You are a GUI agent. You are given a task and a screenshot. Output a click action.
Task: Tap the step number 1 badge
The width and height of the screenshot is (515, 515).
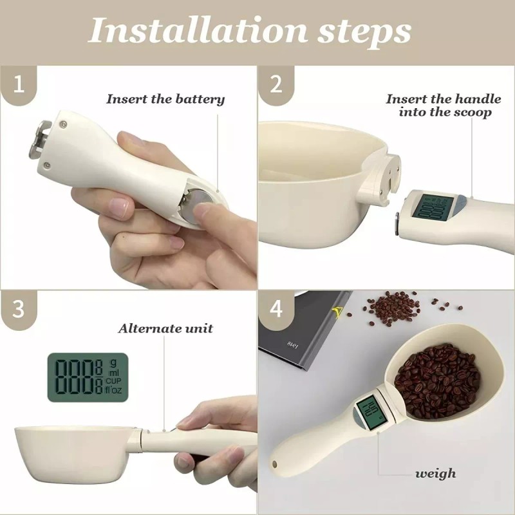click(x=19, y=84)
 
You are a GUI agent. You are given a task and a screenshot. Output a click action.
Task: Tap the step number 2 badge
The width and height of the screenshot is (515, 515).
click(x=276, y=84)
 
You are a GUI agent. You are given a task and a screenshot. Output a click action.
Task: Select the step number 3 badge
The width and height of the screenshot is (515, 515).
click(x=19, y=308)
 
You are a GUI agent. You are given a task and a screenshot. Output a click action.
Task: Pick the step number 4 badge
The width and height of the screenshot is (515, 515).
click(x=276, y=308)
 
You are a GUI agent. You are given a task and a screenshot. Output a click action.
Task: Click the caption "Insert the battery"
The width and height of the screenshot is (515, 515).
click(x=165, y=99)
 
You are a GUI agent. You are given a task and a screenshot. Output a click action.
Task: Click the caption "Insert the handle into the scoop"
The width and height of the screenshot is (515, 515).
click(x=444, y=106)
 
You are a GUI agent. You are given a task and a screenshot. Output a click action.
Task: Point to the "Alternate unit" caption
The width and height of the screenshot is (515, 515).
click(x=165, y=328)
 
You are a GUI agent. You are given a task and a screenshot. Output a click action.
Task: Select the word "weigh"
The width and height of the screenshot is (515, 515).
click(x=435, y=473)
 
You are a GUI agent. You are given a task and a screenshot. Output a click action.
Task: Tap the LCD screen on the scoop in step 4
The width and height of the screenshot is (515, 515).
click(x=370, y=414)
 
